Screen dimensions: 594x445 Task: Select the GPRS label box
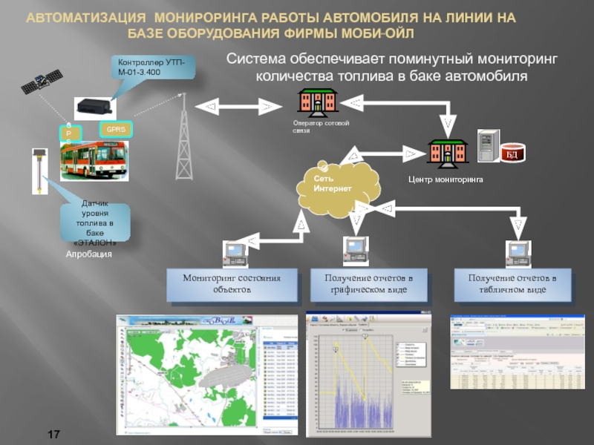pos(115,129)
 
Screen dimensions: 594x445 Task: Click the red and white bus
pos(93,159)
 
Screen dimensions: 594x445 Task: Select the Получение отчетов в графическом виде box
pos(368,284)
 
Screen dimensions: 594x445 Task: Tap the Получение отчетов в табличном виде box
pos(512,284)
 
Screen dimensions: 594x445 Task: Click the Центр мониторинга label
pos(446,179)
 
